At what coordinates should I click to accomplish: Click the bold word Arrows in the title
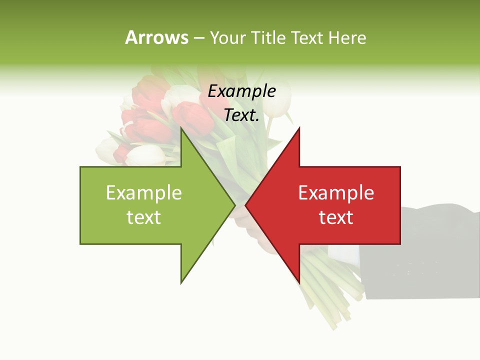pos(156,37)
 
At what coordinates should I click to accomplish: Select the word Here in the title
pos(347,38)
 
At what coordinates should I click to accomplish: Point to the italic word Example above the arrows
pos(241,91)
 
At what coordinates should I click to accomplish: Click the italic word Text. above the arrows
pos(241,115)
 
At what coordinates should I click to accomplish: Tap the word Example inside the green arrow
pos(143,193)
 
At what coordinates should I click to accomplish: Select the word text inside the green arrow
pos(143,217)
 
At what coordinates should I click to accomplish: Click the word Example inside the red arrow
pos(336,193)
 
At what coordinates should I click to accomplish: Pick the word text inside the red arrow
pos(336,217)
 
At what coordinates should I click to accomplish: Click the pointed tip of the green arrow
pos(234,205)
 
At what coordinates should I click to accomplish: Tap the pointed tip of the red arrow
pos(246,205)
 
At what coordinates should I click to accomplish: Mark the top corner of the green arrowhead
pos(181,128)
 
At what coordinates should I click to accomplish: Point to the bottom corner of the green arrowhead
pos(181,282)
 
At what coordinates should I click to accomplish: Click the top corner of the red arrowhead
pos(299,128)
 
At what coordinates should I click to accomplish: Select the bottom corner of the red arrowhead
pos(299,282)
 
